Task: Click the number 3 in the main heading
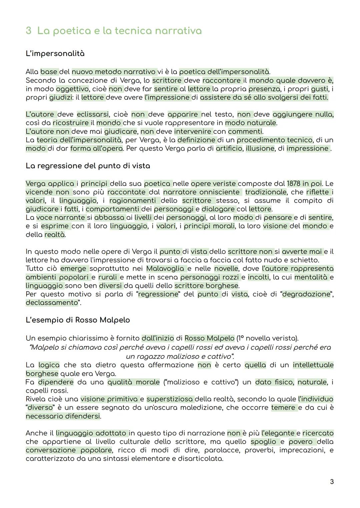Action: [x=29, y=31]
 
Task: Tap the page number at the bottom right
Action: [x=331, y=482]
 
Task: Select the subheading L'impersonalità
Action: [x=55, y=54]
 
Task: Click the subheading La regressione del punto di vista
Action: [x=88, y=166]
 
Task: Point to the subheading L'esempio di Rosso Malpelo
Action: [x=78, y=320]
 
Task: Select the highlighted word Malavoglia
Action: [x=165, y=268]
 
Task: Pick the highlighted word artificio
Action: [x=229, y=149]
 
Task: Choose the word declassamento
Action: [x=52, y=303]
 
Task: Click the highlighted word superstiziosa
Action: [x=170, y=399]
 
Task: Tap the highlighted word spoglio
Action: [x=263, y=442]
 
